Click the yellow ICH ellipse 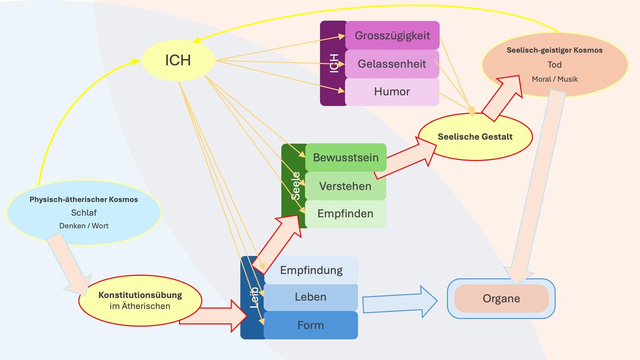tap(178, 60)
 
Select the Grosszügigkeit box tap(392, 35)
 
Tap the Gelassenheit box tap(392, 64)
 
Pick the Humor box tap(392, 91)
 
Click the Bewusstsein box tap(346, 157)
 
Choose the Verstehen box tap(345, 186)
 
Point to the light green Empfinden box tap(345, 213)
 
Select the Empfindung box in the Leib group tap(311, 270)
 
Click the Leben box tap(310, 297)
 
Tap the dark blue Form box tap(310, 325)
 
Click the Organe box tap(501, 298)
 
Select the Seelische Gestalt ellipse tap(475, 137)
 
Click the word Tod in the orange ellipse tap(554, 65)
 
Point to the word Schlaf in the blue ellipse tap(84, 213)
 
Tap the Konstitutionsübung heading tap(140, 295)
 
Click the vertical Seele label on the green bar tap(296, 186)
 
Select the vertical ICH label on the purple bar tap(334, 63)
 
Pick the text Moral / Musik tap(554, 79)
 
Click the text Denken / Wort tap(84, 226)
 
